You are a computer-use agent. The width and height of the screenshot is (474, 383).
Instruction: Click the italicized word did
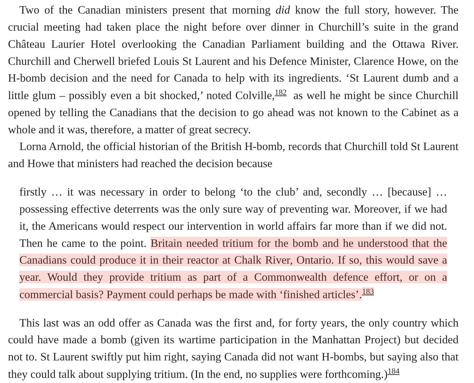[283, 10]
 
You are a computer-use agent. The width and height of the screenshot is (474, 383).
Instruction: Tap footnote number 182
[280, 93]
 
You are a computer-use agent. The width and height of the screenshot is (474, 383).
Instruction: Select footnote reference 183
[368, 292]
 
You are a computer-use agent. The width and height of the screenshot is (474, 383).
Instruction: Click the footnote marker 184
[393, 371]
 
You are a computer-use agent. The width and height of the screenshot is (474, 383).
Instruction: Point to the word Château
[26, 44]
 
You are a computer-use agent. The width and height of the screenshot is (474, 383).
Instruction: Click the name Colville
[254, 96]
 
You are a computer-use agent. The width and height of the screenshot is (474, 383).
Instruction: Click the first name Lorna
[33, 146]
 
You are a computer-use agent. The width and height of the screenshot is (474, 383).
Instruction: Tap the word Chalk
[248, 260]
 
